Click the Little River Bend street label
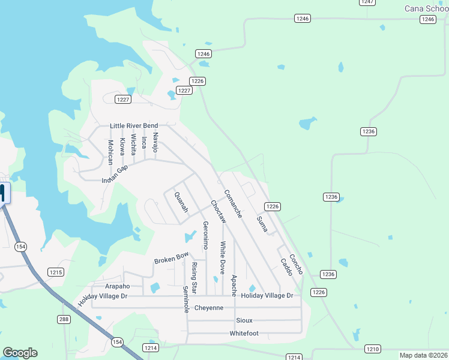tap(133, 126)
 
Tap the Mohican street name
tap(110, 152)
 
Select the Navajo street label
tap(155, 143)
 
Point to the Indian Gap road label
tap(115, 175)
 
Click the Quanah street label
tap(181, 202)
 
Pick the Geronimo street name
tap(205, 235)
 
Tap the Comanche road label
tap(233, 204)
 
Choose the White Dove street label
tap(223, 258)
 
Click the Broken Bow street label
tap(171, 258)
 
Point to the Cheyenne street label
tap(209, 308)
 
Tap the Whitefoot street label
tap(244, 333)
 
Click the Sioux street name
tap(244, 320)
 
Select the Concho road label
tap(296, 265)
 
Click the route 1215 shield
tap(56, 272)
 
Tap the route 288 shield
tap(64, 319)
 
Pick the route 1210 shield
tap(372, 349)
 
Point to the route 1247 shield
tap(368, 2)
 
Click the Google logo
tap(20, 353)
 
